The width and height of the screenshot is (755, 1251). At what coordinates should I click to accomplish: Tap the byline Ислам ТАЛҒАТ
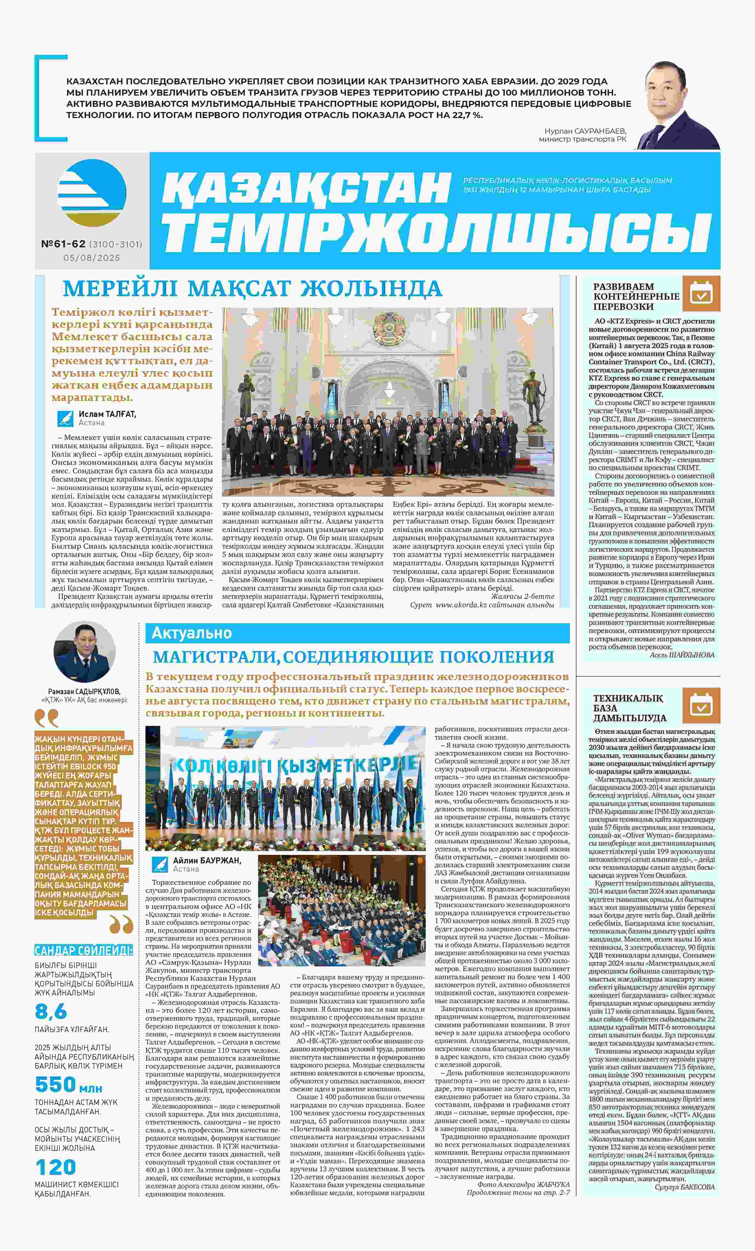(x=107, y=414)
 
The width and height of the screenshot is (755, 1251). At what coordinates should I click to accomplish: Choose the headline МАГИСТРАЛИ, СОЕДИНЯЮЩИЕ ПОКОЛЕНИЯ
(x=353, y=657)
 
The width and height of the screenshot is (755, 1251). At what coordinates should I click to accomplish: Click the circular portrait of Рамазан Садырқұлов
(x=85, y=652)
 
